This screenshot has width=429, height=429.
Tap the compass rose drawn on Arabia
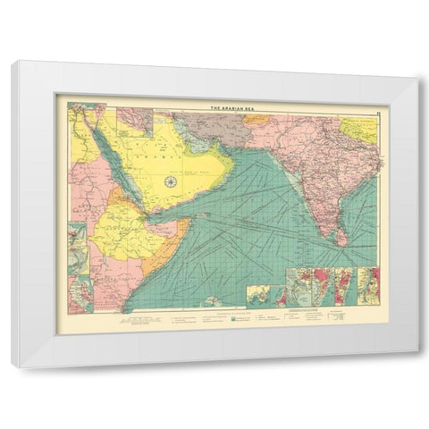[170, 181]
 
